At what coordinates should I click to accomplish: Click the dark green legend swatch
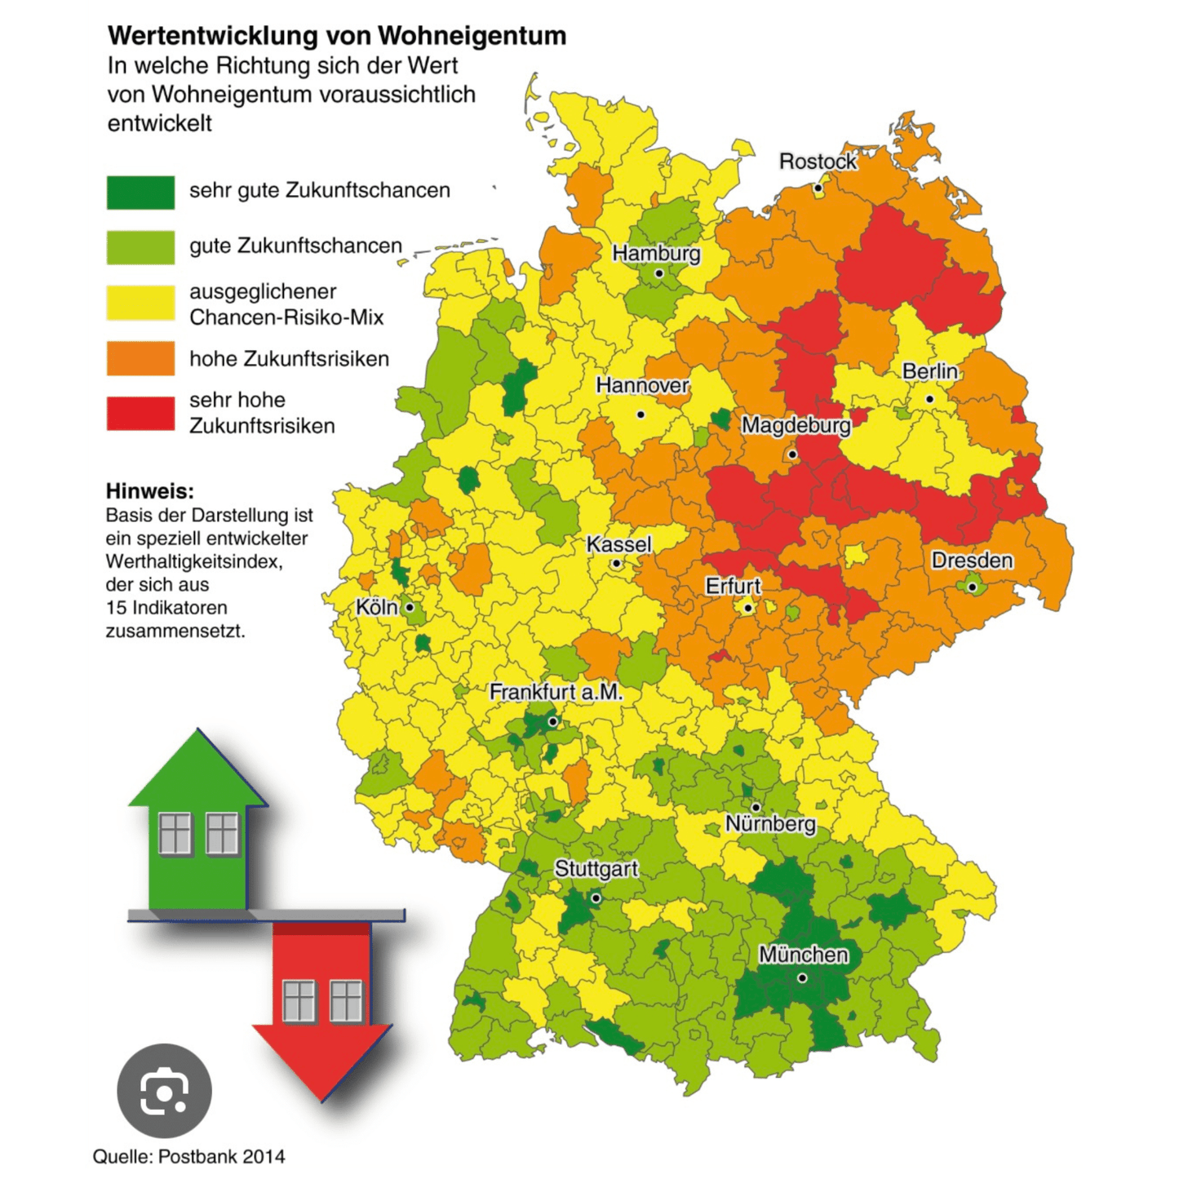click(x=140, y=193)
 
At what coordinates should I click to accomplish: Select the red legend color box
click(x=140, y=413)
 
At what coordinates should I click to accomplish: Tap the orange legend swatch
click(x=140, y=358)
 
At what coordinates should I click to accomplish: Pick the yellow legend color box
click(x=140, y=303)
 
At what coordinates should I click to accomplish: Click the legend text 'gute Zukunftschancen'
click(x=295, y=246)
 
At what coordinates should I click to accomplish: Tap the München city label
click(x=803, y=954)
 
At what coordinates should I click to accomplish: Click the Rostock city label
click(x=818, y=162)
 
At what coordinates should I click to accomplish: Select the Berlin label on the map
click(x=929, y=371)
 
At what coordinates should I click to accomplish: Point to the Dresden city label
click(x=972, y=561)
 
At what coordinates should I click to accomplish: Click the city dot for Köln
click(x=410, y=608)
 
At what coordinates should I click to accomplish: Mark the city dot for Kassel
click(x=616, y=564)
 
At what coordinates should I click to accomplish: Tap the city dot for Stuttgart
click(x=596, y=898)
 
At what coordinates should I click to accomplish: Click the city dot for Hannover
click(x=640, y=414)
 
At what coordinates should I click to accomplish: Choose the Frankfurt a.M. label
click(x=556, y=692)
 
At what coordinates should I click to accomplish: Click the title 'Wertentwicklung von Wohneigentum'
click(x=337, y=36)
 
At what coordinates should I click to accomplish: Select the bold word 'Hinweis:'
click(x=150, y=491)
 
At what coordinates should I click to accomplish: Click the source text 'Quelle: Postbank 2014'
click(x=188, y=1156)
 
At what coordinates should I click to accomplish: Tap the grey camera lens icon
click(x=164, y=1091)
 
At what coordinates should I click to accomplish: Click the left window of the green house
click(x=175, y=833)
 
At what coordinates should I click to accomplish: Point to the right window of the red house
click(x=346, y=1000)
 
